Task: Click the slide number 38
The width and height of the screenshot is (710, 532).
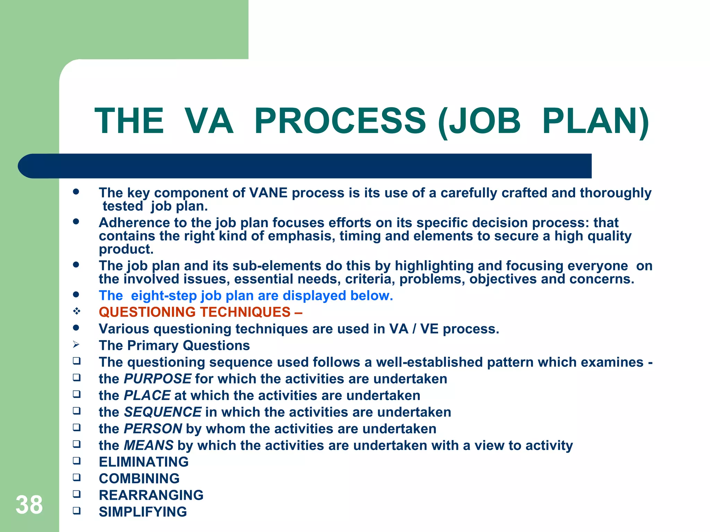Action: (x=29, y=505)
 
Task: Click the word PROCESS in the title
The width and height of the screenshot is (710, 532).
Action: (x=340, y=121)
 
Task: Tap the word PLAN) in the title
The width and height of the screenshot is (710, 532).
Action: (x=595, y=121)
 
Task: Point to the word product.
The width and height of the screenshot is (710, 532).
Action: (x=126, y=249)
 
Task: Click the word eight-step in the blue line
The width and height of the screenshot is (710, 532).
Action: (x=164, y=296)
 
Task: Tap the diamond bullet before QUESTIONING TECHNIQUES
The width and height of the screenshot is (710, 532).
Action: (x=77, y=311)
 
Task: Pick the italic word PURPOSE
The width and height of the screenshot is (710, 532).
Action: (x=157, y=379)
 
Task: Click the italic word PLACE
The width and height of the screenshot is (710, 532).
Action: (x=147, y=396)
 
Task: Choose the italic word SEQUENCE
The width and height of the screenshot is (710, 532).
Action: (x=163, y=412)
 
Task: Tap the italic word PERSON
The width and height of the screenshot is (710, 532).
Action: (x=153, y=429)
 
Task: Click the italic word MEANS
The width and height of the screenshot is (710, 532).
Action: (x=149, y=445)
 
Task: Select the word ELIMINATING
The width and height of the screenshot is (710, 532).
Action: (x=144, y=462)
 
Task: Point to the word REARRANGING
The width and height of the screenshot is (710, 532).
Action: (x=151, y=495)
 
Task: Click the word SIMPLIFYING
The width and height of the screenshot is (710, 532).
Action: (x=143, y=512)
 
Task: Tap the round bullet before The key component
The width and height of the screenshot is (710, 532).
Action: (x=76, y=192)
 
